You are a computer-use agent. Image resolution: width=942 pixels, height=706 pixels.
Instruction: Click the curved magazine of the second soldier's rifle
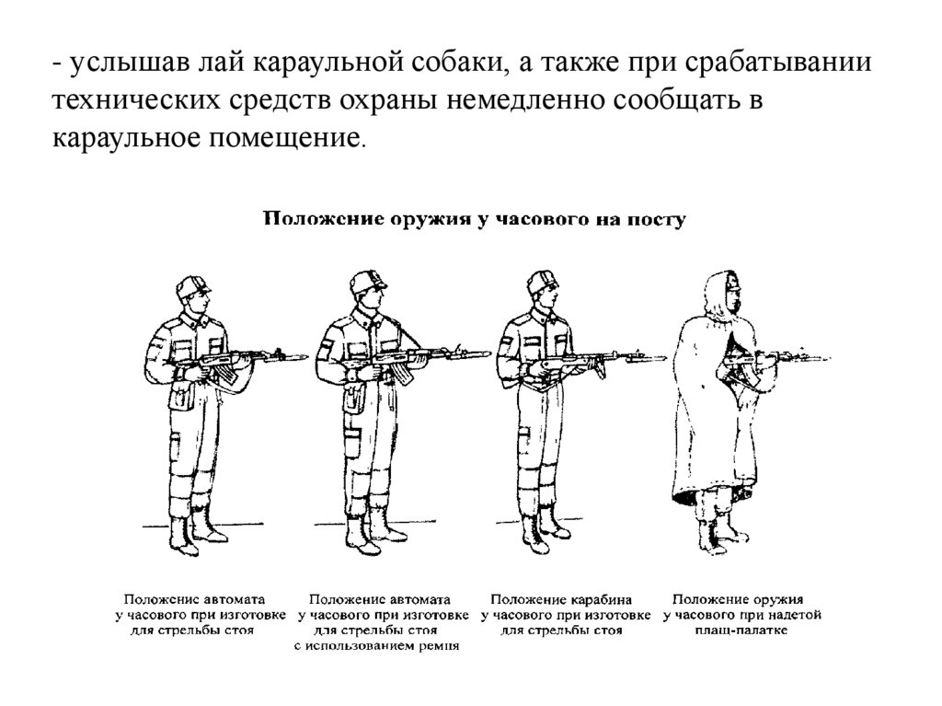coord(402,372)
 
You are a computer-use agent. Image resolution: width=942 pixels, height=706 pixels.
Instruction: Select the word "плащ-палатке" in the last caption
coord(746,631)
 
